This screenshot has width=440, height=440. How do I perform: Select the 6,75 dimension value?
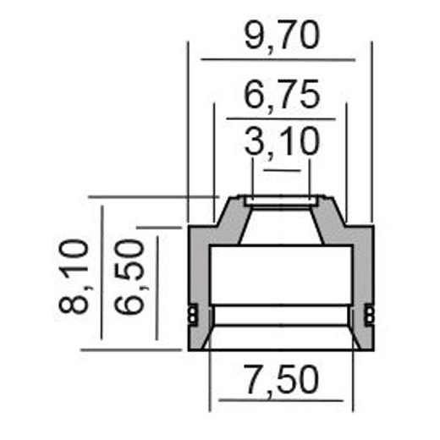click(x=281, y=94)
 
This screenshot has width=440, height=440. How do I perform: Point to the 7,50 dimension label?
click(x=280, y=380)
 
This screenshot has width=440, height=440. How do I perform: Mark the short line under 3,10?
click(x=282, y=170)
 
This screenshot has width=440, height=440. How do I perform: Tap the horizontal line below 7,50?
click(x=280, y=400)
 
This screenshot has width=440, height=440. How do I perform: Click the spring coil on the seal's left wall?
click(x=193, y=315)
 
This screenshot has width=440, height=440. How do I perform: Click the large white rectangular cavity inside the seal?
click(x=280, y=273)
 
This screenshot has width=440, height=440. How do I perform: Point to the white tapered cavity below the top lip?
click(x=280, y=225)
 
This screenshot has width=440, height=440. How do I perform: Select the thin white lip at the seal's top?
click(x=281, y=201)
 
